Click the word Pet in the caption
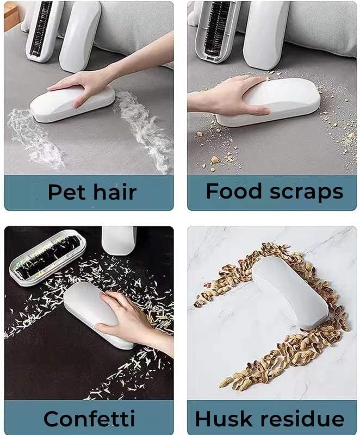point(66,192)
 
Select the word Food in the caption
point(233,191)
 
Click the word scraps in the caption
point(307,193)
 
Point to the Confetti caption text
point(89,418)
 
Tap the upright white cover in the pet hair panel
point(80,36)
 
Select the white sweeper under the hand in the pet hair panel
point(72,103)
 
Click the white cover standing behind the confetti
point(119,240)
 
